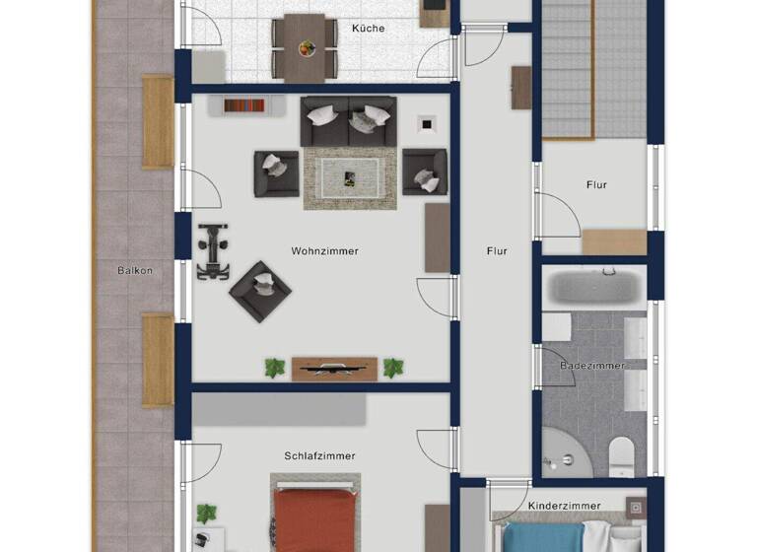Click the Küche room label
coord(368,29)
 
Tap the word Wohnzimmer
coord(324,251)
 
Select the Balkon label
coord(135,270)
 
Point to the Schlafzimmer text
coord(319,456)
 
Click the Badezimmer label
coord(592,366)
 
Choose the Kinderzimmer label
coord(564,506)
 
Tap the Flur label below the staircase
coord(596,185)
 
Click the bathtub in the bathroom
coord(594,288)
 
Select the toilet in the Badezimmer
coord(622,456)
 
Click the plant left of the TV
coord(274,369)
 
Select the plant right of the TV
coord(393,369)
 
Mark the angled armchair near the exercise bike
coord(260,290)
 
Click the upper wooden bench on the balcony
coord(158,122)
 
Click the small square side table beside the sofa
coord(426,123)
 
